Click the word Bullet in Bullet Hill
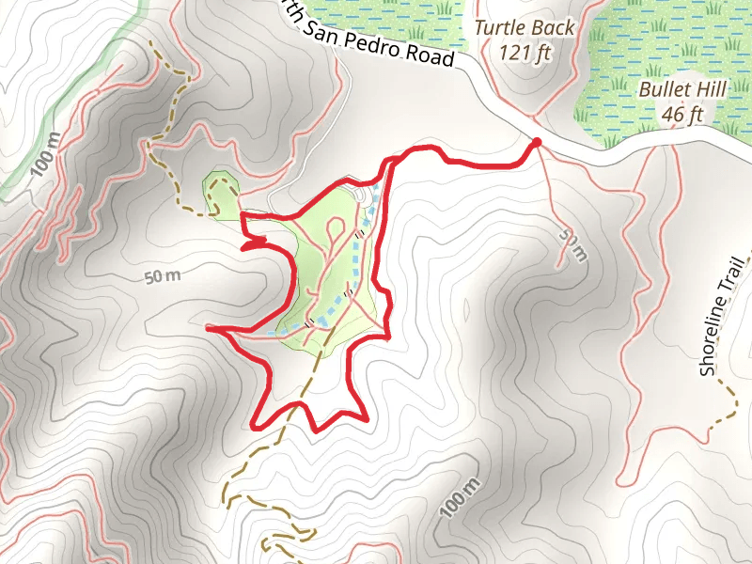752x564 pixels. (x=664, y=91)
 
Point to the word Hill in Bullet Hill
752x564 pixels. (x=711, y=91)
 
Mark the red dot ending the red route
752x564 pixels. (x=537, y=143)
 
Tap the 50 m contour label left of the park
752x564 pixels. (x=162, y=277)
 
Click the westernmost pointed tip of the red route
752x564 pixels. (x=208, y=328)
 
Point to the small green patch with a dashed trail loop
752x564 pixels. (x=222, y=193)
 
